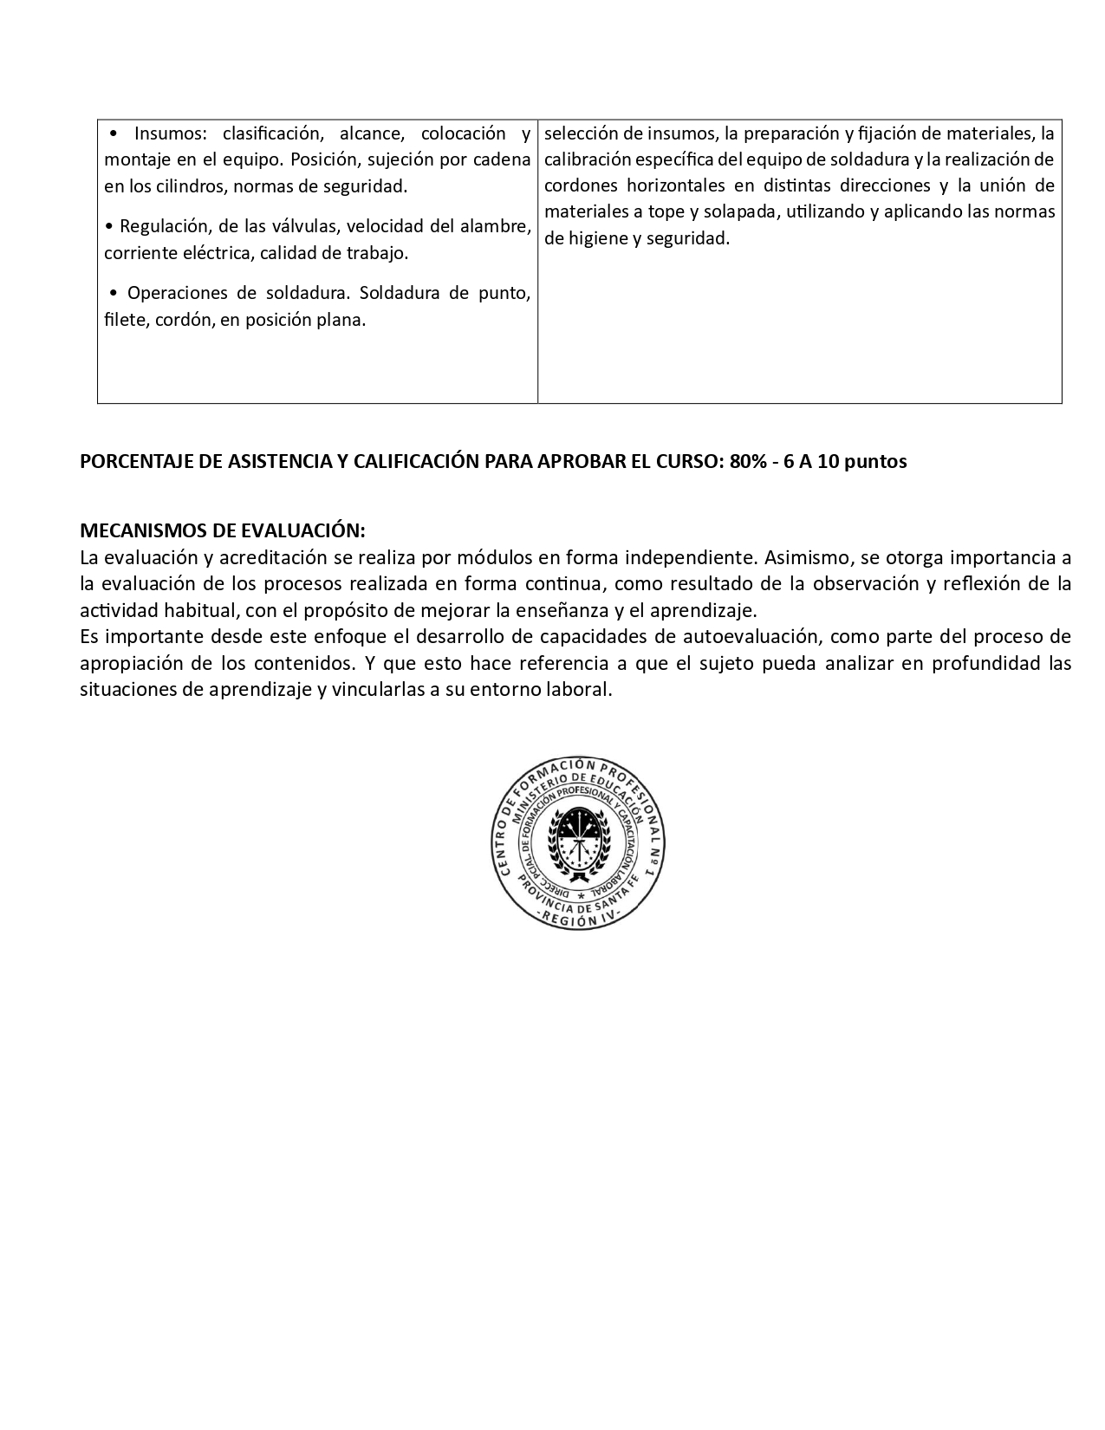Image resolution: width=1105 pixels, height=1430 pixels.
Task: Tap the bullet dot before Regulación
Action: pos(109,227)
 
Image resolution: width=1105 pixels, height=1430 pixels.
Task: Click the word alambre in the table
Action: pos(497,226)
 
